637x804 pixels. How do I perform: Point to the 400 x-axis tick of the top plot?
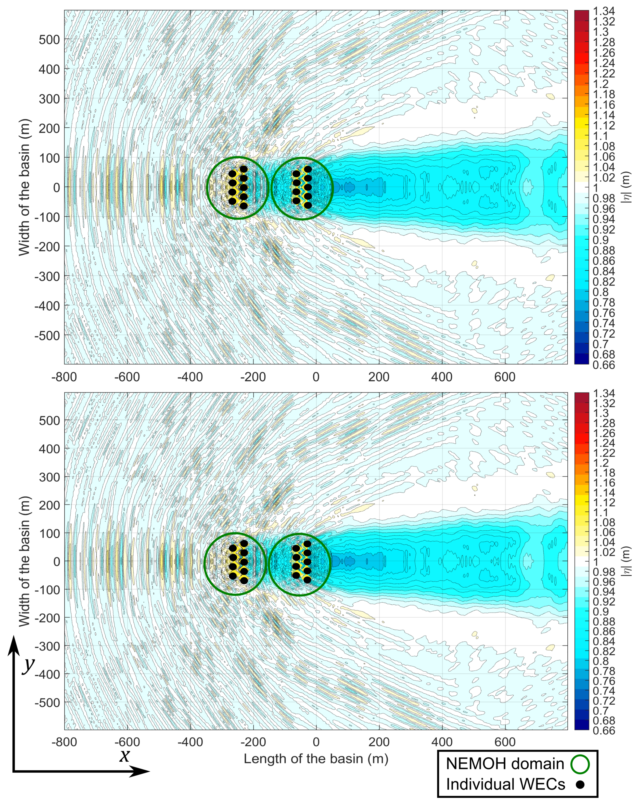tap(442, 377)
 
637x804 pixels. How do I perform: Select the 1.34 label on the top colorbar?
tap(604, 11)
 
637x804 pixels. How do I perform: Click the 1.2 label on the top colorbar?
tap(601, 84)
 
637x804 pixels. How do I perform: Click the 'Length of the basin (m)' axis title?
tap(316, 759)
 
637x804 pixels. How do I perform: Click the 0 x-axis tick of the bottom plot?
tap(316, 742)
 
